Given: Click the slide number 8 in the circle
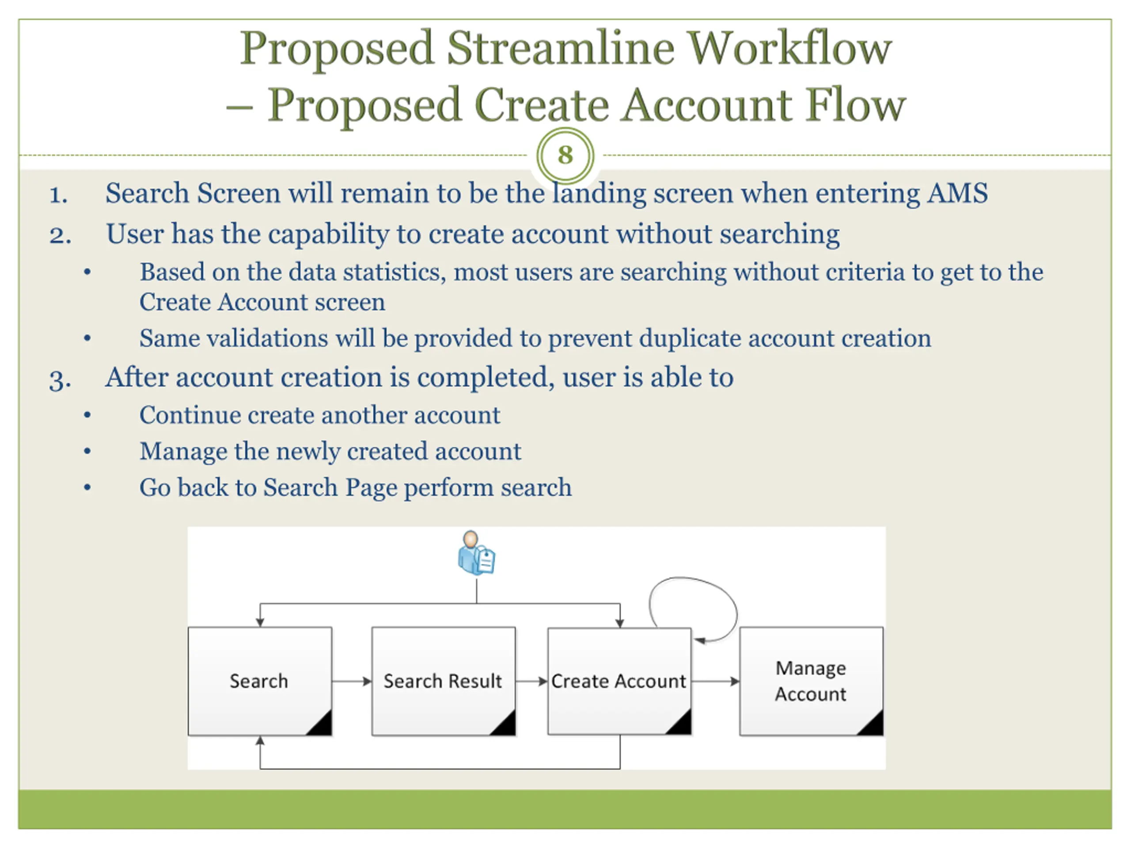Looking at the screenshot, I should (x=565, y=155).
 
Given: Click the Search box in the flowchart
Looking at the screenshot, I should (x=259, y=681).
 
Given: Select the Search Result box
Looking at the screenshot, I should (x=443, y=681).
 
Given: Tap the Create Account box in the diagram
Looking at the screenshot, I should (x=619, y=681).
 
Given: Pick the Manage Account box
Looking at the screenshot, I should (x=810, y=681).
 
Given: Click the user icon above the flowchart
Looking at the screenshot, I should (x=476, y=553).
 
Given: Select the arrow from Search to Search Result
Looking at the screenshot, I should (x=351, y=681).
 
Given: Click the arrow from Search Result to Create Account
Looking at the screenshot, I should (x=531, y=681).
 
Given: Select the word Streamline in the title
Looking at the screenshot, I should (x=560, y=49).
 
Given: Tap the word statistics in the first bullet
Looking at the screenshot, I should (x=394, y=272).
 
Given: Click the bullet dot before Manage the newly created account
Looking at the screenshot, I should (x=87, y=451).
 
